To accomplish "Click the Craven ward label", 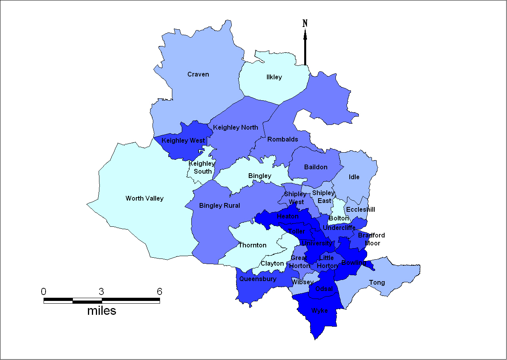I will pyautogui.click(x=198, y=75).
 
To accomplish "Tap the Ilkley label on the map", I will pyautogui.click(x=274, y=77).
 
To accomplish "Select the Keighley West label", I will pyautogui.click(x=183, y=141).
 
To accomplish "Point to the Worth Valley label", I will pyautogui.click(x=145, y=199).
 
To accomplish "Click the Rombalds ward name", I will pyautogui.click(x=283, y=140).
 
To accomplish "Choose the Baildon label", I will pyautogui.click(x=316, y=167).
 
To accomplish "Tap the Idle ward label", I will pyautogui.click(x=354, y=177).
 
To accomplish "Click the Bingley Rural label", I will pyautogui.click(x=219, y=206).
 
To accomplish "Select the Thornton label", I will pyautogui.click(x=252, y=245).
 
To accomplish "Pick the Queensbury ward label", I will pyautogui.click(x=257, y=279).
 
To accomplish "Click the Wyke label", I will pyautogui.click(x=320, y=311).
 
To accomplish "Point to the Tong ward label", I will pyautogui.click(x=377, y=283).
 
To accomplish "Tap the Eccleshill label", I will pyautogui.click(x=360, y=210).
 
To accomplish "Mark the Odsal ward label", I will pyautogui.click(x=324, y=289).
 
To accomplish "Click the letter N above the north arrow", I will pyautogui.click(x=305, y=23).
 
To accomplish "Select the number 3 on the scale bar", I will pyautogui.click(x=101, y=292).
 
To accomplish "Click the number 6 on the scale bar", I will pyautogui.click(x=159, y=292).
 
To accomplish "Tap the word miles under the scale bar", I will pyautogui.click(x=102, y=310).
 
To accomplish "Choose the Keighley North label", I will pyautogui.click(x=235, y=128).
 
